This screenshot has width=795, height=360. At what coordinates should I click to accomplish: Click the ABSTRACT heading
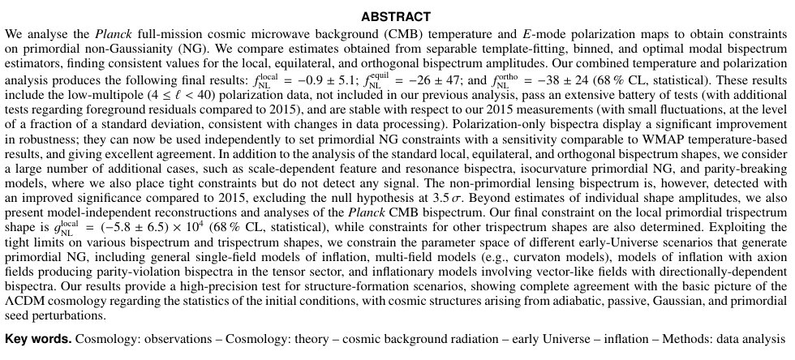[x=397, y=16]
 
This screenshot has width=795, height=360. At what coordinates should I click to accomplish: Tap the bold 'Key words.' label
[x=38, y=336]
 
